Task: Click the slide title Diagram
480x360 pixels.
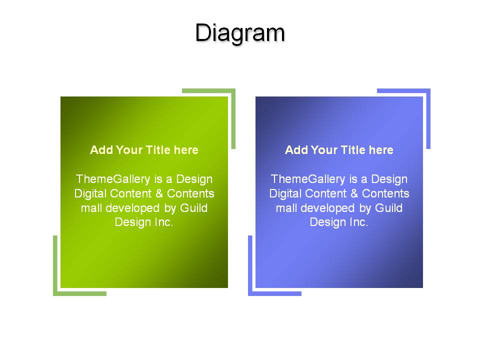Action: pos(240,33)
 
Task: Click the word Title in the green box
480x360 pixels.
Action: pos(158,150)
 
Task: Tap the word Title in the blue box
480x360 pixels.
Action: pos(353,150)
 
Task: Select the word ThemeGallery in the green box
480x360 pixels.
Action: pos(112,179)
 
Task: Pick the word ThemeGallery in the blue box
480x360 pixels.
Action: pos(307,179)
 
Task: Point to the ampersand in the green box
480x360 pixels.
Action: pos(159,193)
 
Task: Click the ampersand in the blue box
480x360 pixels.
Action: pos(354,193)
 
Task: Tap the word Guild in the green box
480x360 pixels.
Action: pos(194,208)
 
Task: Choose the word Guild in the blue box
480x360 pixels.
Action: pos(389,208)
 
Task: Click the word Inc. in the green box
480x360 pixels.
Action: pos(164,222)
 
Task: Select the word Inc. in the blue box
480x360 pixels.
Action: pos(359,222)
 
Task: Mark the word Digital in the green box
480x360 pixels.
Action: pos(90,194)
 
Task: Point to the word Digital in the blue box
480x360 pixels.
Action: pos(285,194)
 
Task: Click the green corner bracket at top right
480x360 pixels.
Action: pos(233,90)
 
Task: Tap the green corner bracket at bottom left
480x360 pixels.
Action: pos(55,293)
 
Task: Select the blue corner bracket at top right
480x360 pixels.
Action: pos(428,90)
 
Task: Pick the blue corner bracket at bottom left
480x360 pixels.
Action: pos(250,293)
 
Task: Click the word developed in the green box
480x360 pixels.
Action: pos(132,208)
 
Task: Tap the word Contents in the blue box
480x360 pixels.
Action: pos(385,193)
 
